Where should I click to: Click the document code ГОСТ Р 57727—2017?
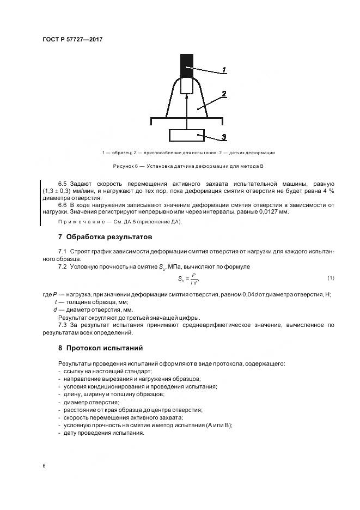[x=72, y=40]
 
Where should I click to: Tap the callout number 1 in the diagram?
[x=223, y=70]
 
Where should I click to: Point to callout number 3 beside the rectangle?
[x=223, y=137]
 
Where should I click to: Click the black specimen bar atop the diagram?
[x=187, y=65]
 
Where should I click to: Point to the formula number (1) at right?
[x=331, y=278]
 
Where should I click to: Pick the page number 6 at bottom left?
[x=44, y=466]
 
